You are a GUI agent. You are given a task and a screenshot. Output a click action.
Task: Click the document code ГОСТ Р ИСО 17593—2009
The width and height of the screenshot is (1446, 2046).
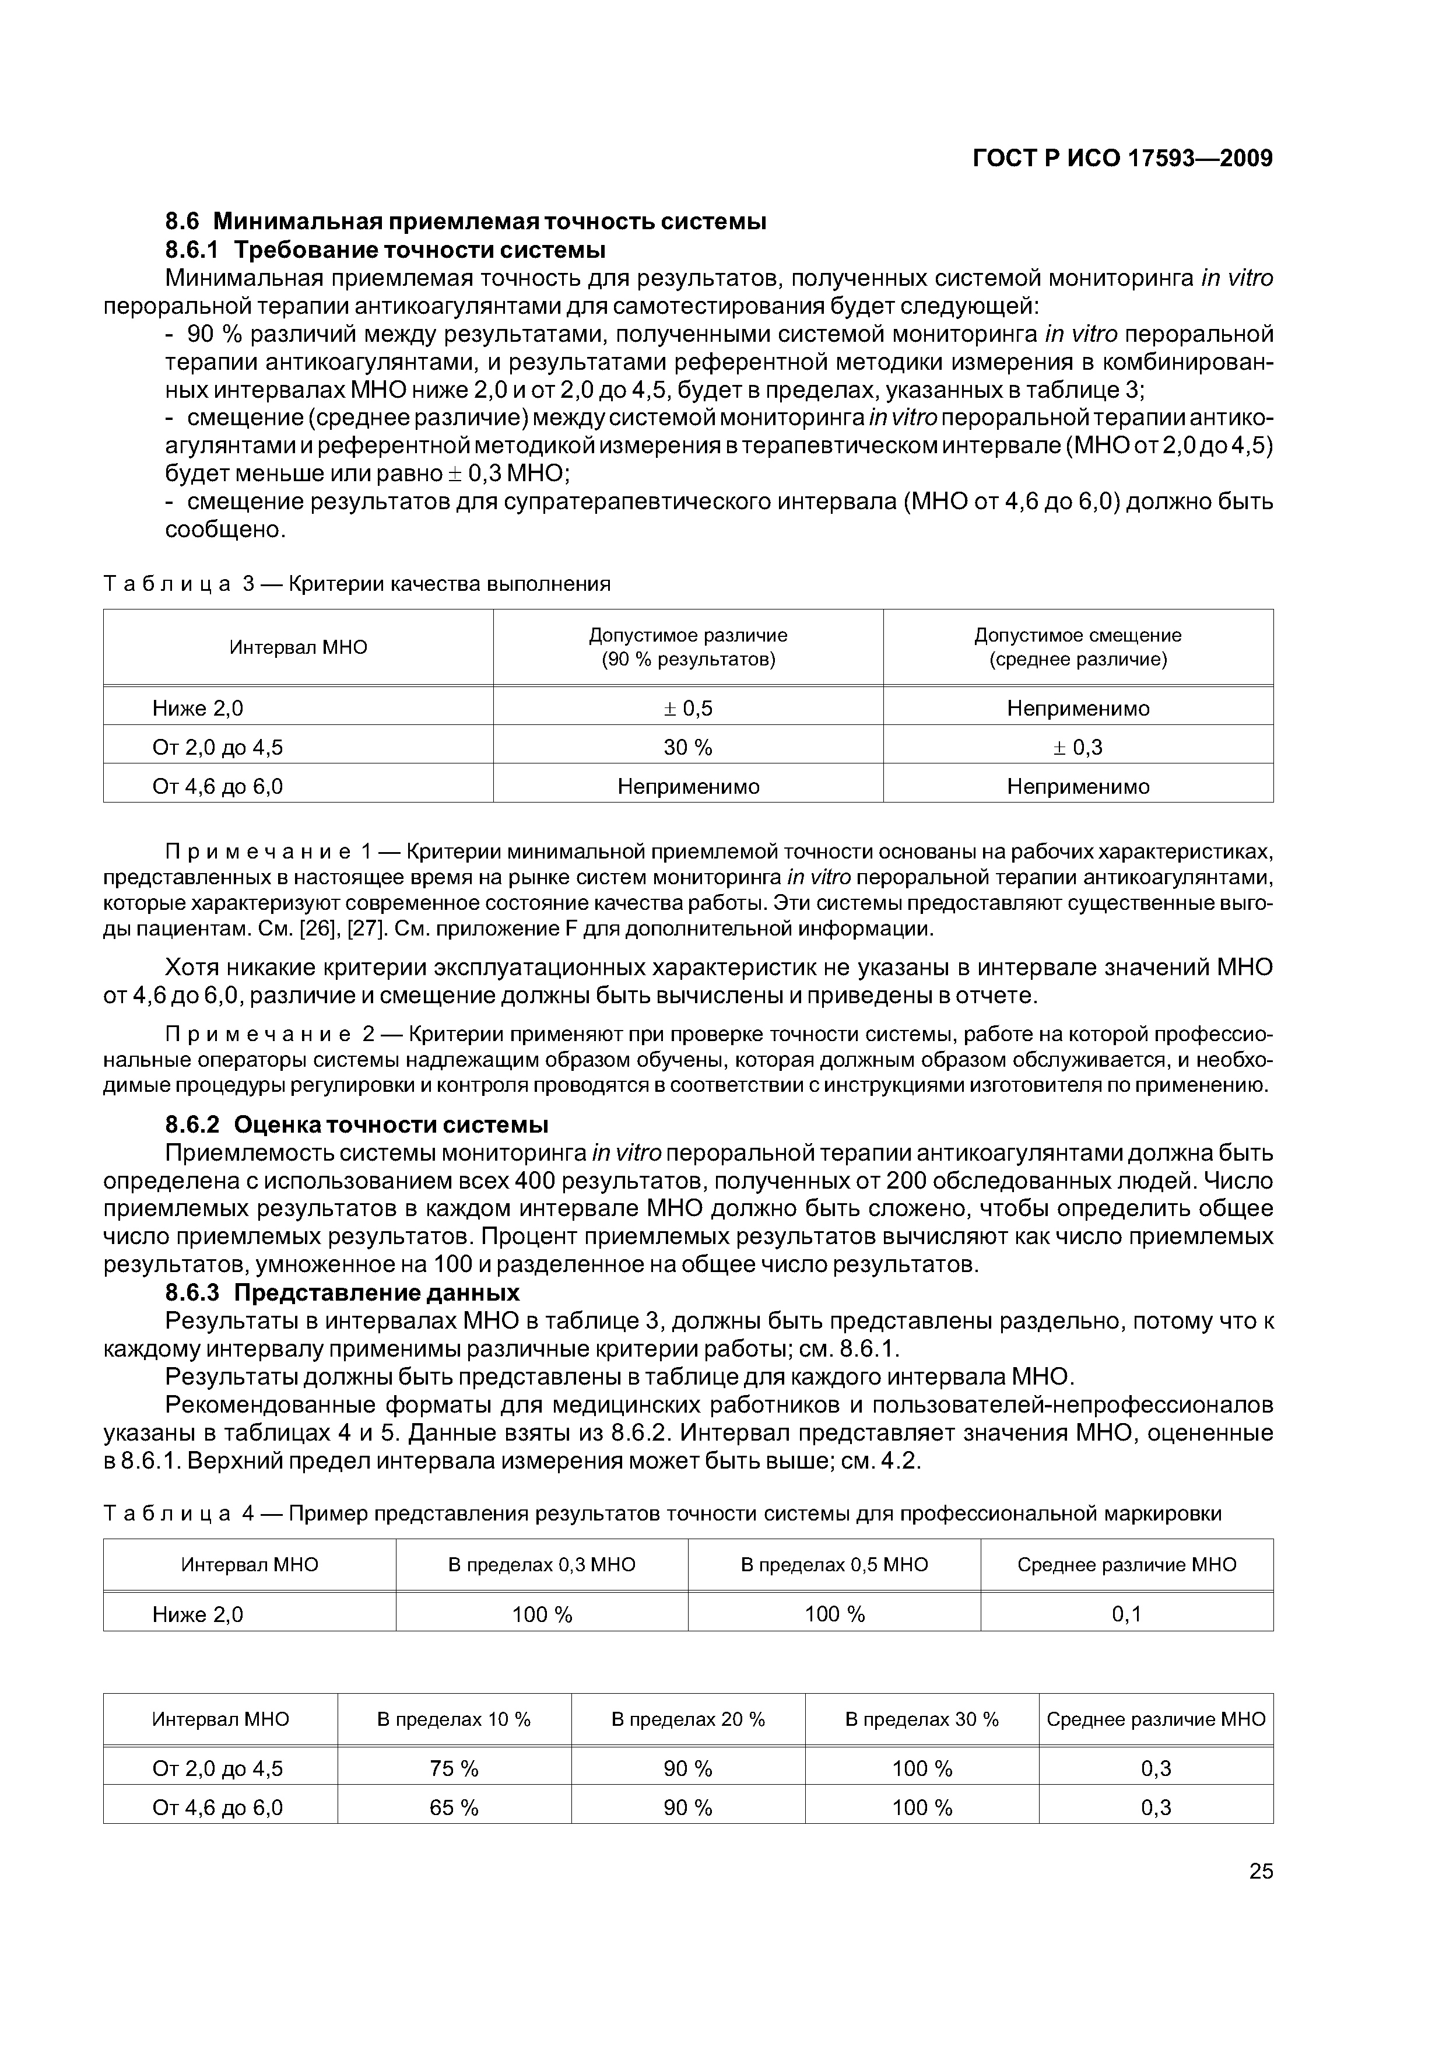pyautogui.click(x=1122, y=159)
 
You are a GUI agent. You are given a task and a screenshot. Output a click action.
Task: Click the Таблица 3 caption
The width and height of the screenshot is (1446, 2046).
pyautogui.click(x=356, y=584)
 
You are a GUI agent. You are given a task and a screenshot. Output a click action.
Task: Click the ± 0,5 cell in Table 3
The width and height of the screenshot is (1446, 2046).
pyautogui.click(x=688, y=709)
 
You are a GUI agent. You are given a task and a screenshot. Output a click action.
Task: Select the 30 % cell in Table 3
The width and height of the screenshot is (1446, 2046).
pyautogui.click(x=688, y=747)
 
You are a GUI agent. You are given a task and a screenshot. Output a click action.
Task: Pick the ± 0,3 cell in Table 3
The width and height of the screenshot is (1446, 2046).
pyautogui.click(x=1078, y=747)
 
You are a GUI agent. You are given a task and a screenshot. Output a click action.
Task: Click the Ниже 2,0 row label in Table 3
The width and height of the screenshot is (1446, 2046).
pyautogui.click(x=198, y=709)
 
